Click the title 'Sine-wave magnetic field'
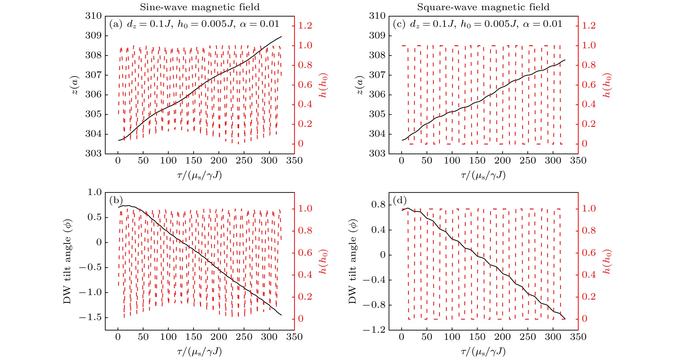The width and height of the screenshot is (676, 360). coord(199,7)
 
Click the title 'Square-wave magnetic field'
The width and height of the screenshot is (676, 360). coord(483,7)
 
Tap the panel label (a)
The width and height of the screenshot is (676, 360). coord(116,24)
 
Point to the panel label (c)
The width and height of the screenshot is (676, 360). coord(399,24)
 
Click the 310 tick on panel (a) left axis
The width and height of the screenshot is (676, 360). coord(93,16)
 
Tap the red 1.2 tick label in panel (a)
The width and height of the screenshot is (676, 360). coord(305,26)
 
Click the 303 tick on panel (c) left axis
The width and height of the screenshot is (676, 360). coord(377,154)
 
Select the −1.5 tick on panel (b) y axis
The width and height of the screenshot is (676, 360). coord(90,318)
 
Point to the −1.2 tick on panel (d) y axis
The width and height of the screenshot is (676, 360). coord(374,330)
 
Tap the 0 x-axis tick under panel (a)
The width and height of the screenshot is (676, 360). coord(118,160)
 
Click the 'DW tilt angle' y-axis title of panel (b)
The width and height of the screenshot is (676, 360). coord(67,261)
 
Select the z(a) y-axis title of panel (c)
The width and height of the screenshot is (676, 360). coord(360,85)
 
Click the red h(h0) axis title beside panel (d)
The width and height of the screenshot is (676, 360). coord(607,261)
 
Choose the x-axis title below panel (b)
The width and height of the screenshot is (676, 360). coord(199,351)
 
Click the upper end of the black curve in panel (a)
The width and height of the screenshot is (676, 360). coord(281,36)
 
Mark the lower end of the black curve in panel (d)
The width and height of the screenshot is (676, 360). coord(565,319)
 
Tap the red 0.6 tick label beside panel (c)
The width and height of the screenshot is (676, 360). coord(589,85)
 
